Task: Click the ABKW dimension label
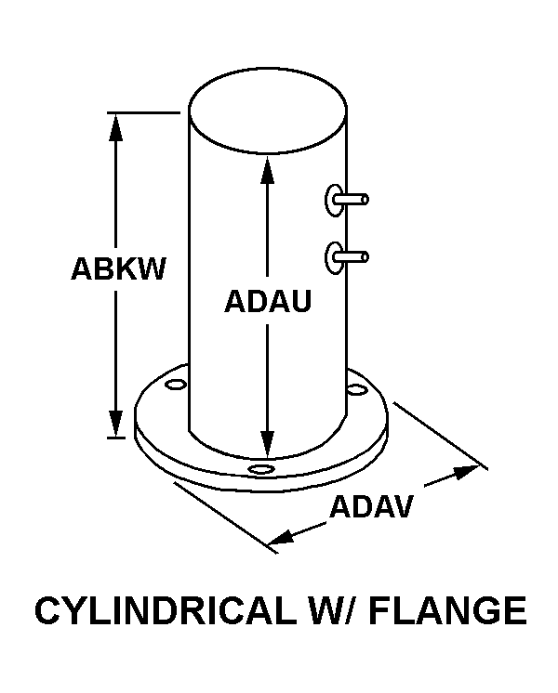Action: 118,269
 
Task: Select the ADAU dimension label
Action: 267,303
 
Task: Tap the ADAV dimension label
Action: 372,507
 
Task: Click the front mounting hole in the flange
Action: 262,470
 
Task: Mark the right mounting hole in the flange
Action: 355,390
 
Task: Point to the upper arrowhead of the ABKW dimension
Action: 116,126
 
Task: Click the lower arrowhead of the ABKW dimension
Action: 116,423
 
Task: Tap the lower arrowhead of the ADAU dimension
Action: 267,445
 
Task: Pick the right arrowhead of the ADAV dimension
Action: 468,474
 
